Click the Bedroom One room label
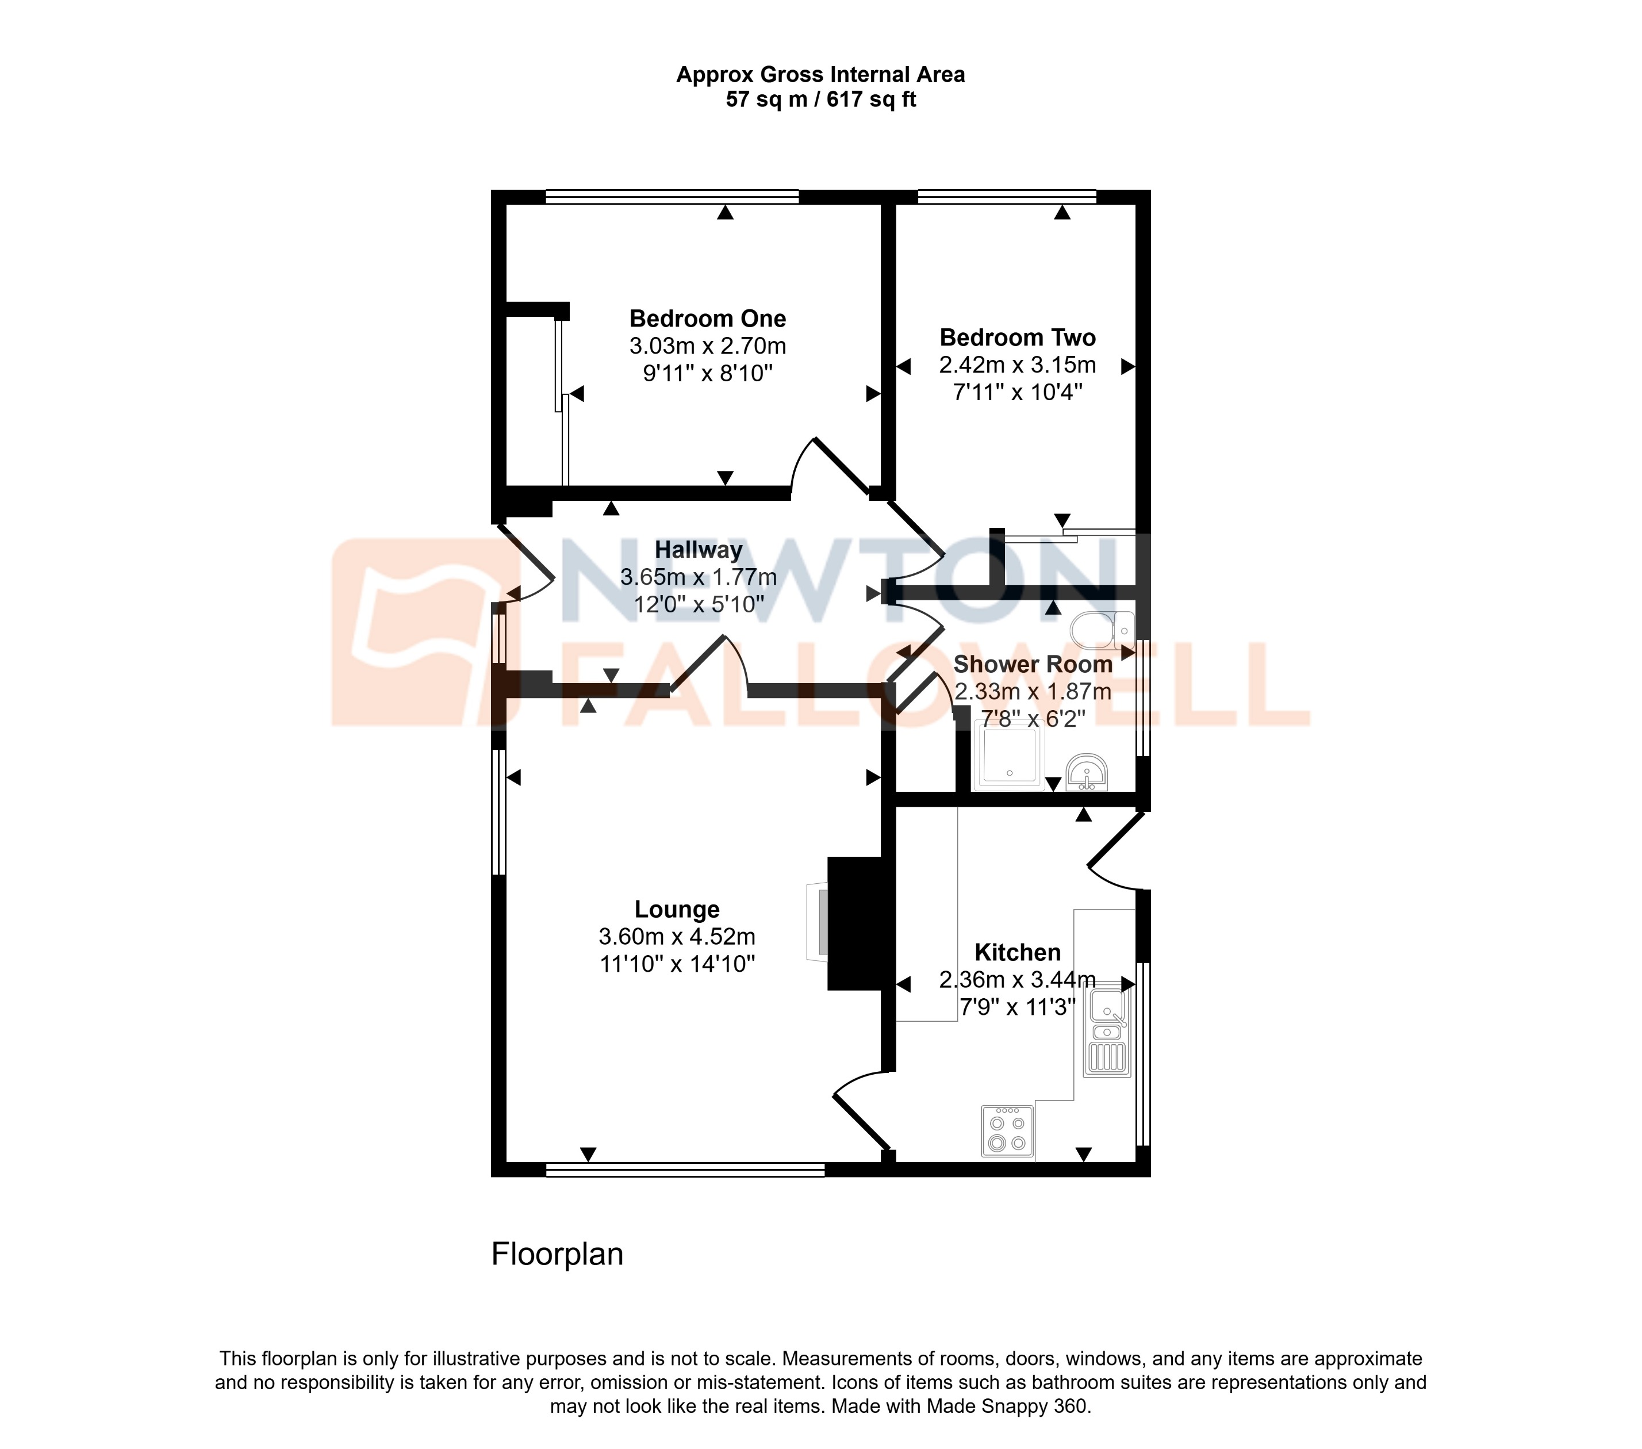[x=707, y=319]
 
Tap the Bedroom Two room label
[x=1017, y=338]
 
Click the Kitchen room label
[x=1017, y=953]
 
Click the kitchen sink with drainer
[x=1107, y=1032]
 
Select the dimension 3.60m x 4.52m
[x=676, y=937]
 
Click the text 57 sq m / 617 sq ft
[x=820, y=99]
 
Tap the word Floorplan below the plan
[x=557, y=1255]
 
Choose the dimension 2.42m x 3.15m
[x=1017, y=365]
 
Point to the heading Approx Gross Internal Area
[x=820, y=75]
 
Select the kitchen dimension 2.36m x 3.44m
[x=1017, y=980]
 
